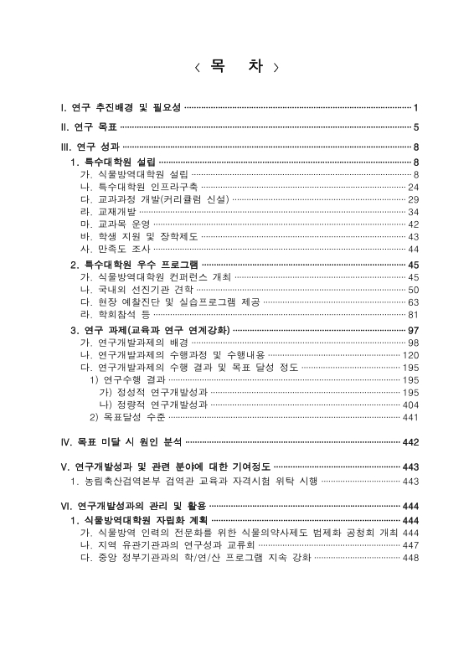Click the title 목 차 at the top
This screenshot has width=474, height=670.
pyautogui.click(x=236, y=66)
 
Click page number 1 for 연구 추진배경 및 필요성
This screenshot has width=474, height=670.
pyautogui.click(x=415, y=108)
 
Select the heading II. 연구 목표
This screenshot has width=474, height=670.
pyautogui.click(x=89, y=127)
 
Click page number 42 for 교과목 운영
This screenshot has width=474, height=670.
pyautogui.click(x=413, y=224)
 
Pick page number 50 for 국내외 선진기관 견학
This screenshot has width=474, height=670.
pyautogui.click(x=413, y=290)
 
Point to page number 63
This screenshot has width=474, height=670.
pyautogui.click(x=413, y=302)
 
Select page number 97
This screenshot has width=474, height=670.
pyautogui.click(x=413, y=330)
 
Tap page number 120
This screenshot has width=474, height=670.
pyautogui.click(x=410, y=355)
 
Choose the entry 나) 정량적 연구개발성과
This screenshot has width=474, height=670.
pyautogui.click(x=152, y=405)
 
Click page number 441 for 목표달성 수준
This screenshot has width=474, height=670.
pyautogui.click(x=410, y=417)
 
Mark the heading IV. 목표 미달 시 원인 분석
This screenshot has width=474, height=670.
pyautogui.click(x=121, y=441)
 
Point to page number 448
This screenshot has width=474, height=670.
pyautogui.click(x=410, y=558)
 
